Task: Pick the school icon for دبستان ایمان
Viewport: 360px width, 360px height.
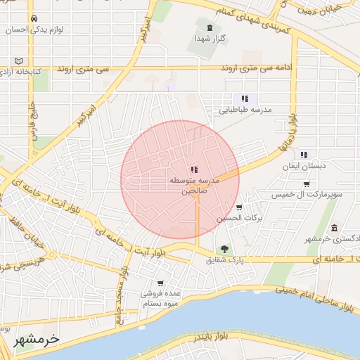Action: [x=303, y=155]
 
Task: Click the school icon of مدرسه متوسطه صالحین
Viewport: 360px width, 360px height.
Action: [x=194, y=169]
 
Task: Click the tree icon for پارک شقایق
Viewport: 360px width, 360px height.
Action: [x=224, y=248]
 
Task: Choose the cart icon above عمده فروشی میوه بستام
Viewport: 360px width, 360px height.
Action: [x=161, y=283]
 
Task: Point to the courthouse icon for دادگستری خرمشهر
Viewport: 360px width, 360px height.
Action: [x=334, y=228]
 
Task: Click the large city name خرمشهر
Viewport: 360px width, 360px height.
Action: [x=37, y=338]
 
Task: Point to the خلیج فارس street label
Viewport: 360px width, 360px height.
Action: [x=32, y=120]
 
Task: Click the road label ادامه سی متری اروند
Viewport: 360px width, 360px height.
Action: [x=252, y=67]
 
